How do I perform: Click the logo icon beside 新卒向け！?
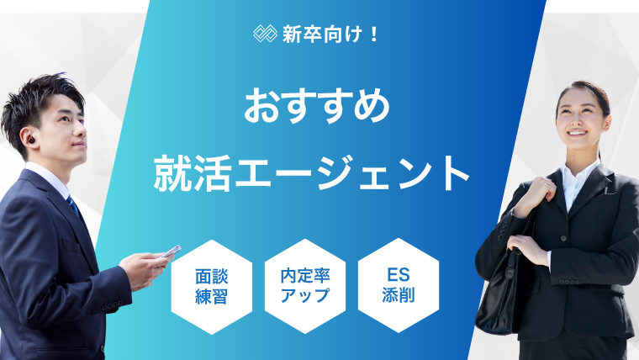[266, 34]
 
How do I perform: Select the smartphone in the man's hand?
[170, 251]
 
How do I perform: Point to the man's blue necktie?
[75, 206]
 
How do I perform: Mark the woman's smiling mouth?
[578, 133]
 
